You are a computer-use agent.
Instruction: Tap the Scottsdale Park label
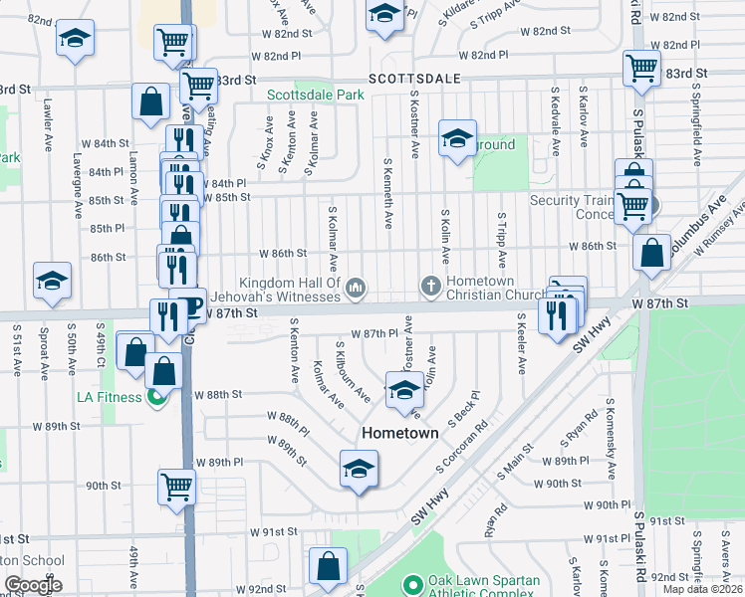coord(315,96)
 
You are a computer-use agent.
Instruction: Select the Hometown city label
coord(400,434)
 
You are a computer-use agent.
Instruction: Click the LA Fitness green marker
coord(154,399)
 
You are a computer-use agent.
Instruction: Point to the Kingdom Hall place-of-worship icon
coord(357,289)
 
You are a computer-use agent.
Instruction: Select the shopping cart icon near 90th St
coord(176,488)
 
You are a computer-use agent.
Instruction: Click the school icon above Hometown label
coord(403,390)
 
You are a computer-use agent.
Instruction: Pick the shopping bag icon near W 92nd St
coord(327,566)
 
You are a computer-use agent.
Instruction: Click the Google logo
coord(32,585)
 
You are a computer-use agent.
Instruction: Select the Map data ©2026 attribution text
coord(703,589)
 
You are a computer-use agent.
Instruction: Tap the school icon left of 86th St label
coord(52,282)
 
